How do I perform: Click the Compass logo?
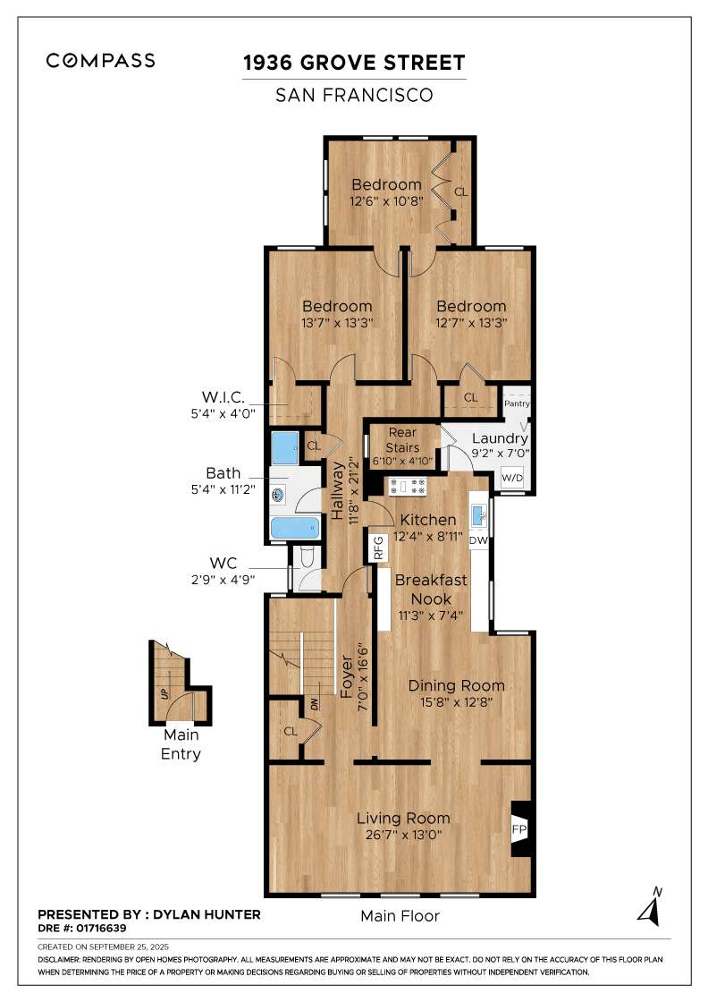click(100, 61)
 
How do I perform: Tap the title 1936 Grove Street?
click(354, 63)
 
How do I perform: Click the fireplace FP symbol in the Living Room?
click(519, 828)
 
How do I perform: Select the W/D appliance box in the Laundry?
click(512, 478)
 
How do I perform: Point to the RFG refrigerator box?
click(378, 548)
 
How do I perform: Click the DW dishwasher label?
click(479, 540)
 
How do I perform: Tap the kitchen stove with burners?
click(408, 486)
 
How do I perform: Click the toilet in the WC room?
click(306, 558)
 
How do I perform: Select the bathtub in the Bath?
click(295, 529)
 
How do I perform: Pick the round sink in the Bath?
click(278, 495)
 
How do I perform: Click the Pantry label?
click(517, 403)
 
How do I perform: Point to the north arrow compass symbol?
click(650, 907)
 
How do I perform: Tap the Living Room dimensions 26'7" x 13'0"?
click(403, 835)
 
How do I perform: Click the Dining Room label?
click(457, 685)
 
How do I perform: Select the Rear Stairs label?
click(403, 440)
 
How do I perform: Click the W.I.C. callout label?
click(223, 397)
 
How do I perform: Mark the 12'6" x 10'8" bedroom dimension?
click(387, 200)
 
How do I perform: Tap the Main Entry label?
click(181, 744)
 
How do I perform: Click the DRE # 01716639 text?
click(82, 928)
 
